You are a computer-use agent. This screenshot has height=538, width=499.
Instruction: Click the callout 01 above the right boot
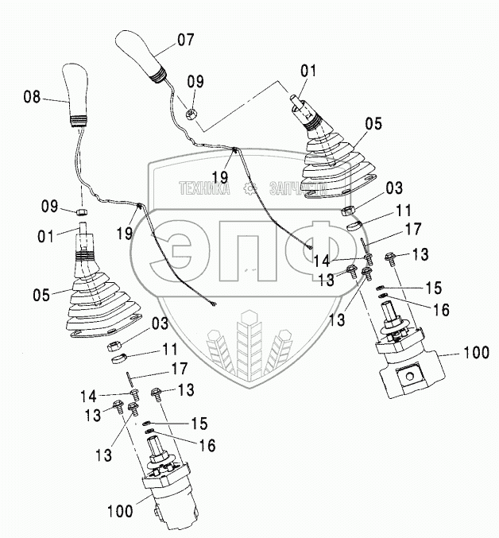(x=308, y=72)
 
